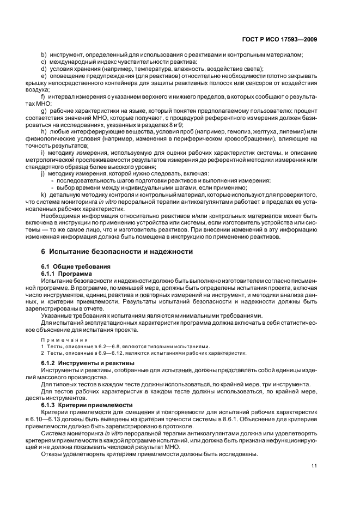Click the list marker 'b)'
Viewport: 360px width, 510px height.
44,55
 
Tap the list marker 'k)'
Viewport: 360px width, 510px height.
44,195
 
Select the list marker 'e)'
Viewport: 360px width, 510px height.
44,76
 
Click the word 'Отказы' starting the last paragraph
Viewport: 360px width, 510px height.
53,454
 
